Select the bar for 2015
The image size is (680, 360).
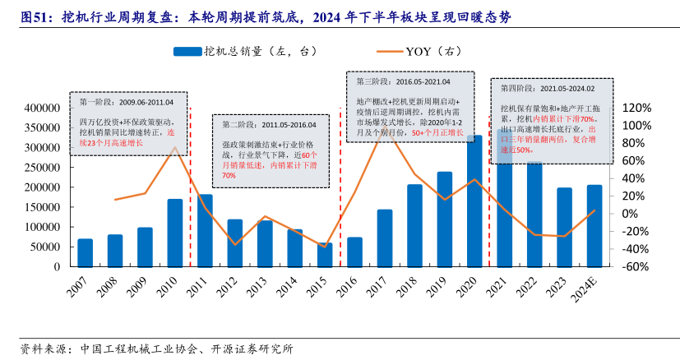click(x=325, y=255)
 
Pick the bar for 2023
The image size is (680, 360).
click(x=564, y=227)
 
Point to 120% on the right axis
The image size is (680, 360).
click(x=636, y=108)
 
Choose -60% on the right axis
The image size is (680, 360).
click(x=636, y=267)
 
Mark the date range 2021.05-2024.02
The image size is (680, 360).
click(x=567, y=88)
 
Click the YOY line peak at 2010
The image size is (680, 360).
click(x=175, y=147)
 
